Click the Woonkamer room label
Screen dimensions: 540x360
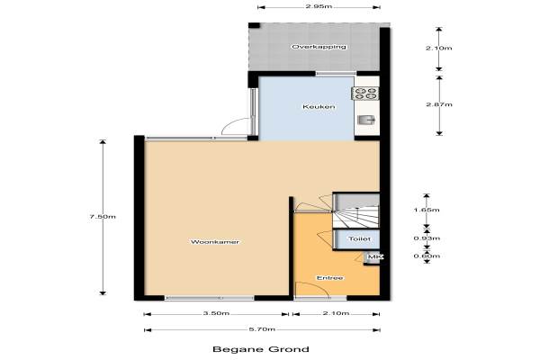coord(215,242)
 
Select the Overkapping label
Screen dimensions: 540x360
coord(319,47)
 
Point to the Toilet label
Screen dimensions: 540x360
coord(359,238)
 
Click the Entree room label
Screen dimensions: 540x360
coord(330,278)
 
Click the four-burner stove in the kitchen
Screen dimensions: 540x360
coord(365,94)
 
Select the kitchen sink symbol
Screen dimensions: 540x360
coord(366,121)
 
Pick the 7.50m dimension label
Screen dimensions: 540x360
coord(103,217)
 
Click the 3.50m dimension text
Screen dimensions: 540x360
coord(216,313)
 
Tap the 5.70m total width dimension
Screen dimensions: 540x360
coord(262,329)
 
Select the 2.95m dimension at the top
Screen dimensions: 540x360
coord(319,6)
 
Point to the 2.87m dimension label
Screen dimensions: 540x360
coord(439,104)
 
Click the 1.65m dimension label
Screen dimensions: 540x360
coord(427,210)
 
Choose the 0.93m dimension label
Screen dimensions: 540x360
coord(427,238)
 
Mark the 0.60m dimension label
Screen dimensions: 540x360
coord(427,256)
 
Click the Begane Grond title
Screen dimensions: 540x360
coord(261,349)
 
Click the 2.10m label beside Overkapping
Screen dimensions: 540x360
coord(439,48)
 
